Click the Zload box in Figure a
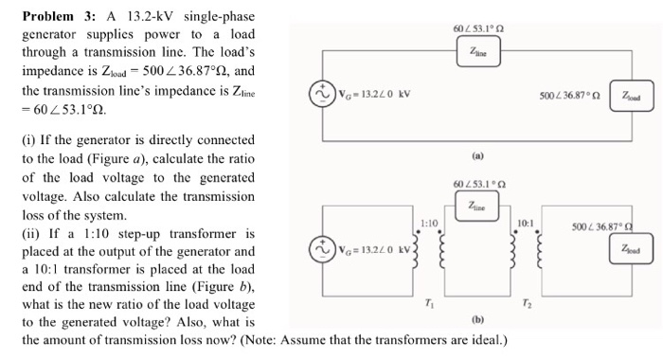coord(630,97)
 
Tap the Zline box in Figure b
coord(479,206)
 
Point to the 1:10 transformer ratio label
coord(426,221)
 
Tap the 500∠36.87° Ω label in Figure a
coord(568,97)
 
